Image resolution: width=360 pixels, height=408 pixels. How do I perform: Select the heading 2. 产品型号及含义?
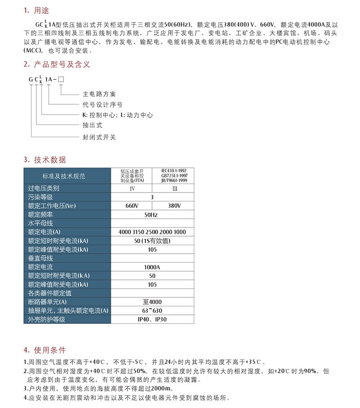tap(57, 64)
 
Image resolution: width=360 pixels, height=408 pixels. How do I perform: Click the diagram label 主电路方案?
tap(99, 94)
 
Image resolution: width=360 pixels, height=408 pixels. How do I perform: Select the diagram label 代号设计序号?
tap(102, 104)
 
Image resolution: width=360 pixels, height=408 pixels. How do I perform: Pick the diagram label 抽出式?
tap(92, 125)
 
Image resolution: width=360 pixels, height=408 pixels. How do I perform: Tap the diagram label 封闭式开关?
tap(99, 137)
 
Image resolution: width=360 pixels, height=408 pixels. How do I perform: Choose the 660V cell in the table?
tap(131, 206)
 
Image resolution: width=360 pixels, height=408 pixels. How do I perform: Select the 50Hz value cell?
tap(151, 215)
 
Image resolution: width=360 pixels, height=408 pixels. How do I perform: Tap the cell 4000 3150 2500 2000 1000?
tap(152, 232)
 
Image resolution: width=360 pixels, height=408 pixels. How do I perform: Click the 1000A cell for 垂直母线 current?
tap(152, 267)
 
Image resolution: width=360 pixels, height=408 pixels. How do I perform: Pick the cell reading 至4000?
tap(152, 302)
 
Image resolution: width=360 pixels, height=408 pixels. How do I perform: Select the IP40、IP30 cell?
tap(152, 319)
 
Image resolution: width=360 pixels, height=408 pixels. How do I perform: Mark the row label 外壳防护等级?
tap(47, 319)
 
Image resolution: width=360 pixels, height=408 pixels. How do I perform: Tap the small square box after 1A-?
tap(61, 80)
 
